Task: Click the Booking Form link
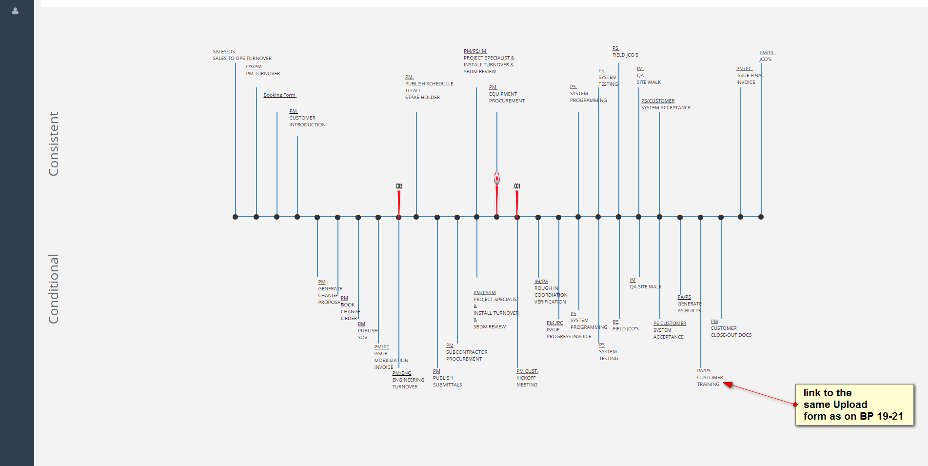pyautogui.click(x=279, y=95)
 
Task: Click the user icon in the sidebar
pyautogui.click(x=15, y=11)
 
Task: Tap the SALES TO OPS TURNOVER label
pyautogui.click(x=242, y=59)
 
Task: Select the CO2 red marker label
pyautogui.click(x=399, y=186)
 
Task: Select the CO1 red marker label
pyautogui.click(x=517, y=186)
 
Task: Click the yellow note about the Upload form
pyautogui.click(x=854, y=405)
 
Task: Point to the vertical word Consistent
pyautogui.click(x=54, y=144)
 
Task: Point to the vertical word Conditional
pyautogui.click(x=54, y=289)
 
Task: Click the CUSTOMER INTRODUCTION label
pyautogui.click(x=307, y=122)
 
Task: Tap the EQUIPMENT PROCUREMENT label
pyautogui.click(x=507, y=98)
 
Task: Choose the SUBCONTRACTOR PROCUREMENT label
pyautogui.click(x=466, y=356)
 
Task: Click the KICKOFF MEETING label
pyautogui.click(x=527, y=382)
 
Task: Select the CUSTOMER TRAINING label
pyautogui.click(x=710, y=381)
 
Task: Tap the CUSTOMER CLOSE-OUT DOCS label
pyautogui.click(x=731, y=332)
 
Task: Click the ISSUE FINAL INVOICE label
pyautogui.click(x=749, y=79)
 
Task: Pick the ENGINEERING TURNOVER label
pyautogui.click(x=408, y=384)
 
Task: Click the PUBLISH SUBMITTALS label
pyautogui.click(x=447, y=382)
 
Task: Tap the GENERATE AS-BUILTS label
pyautogui.click(x=689, y=307)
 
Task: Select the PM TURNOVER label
pyautogui.click(x=263, y=74)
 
